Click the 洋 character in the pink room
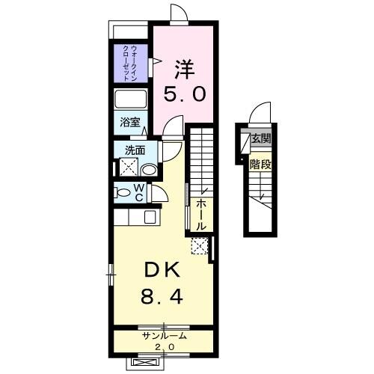184,70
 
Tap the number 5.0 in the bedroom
184,96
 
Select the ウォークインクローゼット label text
129,64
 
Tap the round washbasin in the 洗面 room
150,170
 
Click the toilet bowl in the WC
123,192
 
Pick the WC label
139,192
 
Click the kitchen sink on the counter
149,218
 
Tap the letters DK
159,270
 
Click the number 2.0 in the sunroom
165,348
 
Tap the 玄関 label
260,140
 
